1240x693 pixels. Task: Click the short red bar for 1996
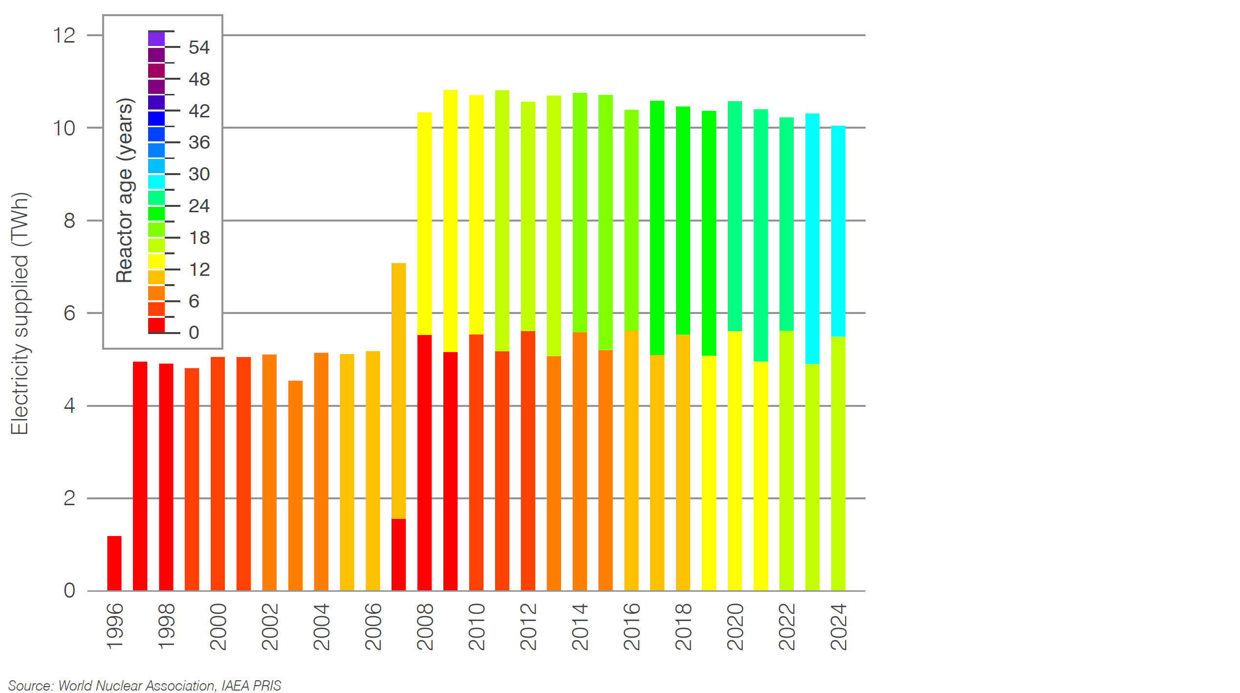[x=114, y=563]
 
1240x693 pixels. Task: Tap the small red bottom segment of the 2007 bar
[x=398, y=555]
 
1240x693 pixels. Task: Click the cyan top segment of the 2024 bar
[x=838, y=231]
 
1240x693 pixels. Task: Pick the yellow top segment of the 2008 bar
[x=424, y=224]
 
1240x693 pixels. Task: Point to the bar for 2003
[x=295, y=485]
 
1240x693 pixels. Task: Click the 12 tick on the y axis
[x=65, y=36]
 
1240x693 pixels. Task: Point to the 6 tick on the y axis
[x=69, y=313]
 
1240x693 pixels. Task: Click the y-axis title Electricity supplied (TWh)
[x=21, y=313]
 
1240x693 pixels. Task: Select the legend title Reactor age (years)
[x=125, y=190]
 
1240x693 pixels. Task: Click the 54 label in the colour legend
[x=199, y=47]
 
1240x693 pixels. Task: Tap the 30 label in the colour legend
[x=199, y=174]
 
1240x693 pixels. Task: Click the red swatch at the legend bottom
[x=156, y=325]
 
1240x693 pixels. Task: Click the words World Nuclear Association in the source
[x=137, y=686]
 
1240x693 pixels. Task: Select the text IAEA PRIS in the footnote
[x=251, y=686]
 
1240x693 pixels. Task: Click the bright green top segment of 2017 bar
[x=657, y=227]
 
